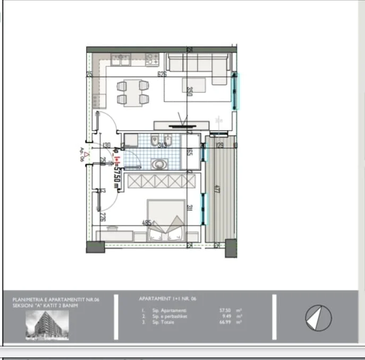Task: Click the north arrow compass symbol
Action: tap(318, 318)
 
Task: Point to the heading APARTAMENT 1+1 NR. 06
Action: tap(167, 299)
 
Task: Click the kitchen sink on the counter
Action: tap(121, 59)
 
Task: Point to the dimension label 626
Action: tap(162, 74)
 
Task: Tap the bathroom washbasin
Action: tap(158, 165)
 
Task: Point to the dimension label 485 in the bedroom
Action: tap(147, 223)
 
